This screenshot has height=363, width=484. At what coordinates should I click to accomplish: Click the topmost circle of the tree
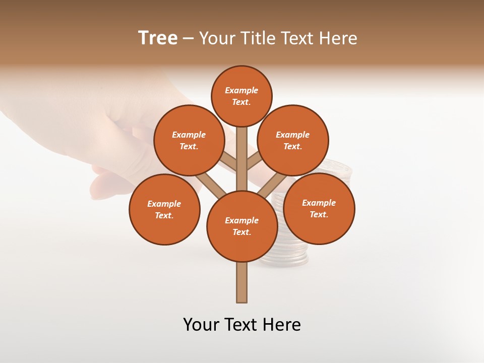pyautogui.click(x=241, y=96)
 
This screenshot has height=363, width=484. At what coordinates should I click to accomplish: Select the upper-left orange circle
pyautogui.click(x=189, y=140)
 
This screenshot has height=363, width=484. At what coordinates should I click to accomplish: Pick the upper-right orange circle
pyautogui.click(x=293, y=140)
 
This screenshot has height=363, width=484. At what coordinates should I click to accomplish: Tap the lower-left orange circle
pyautogui.click(x=164, y=209)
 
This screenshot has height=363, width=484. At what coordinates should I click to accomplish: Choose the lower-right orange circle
pyautogui.click(x=319, y=208)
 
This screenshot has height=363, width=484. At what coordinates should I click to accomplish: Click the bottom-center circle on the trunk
pyautogui.click(x=242, y=226)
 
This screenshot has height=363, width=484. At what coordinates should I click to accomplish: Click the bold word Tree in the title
pyautogui.click(x=158, y=38)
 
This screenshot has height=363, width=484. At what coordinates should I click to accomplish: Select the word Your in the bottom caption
pyautogui.click(x=201, y=325)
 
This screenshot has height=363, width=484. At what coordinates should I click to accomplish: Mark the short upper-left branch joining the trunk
pyautogui.click(x=228, y=161)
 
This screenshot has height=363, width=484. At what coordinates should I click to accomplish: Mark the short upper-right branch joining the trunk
pyautogui.click(x=254, y=161)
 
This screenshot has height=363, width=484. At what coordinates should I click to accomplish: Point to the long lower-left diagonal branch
pyautogui.click(x=211, y=186)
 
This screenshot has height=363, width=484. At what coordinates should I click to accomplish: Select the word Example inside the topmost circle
pyautogui.click(x=241, y=90)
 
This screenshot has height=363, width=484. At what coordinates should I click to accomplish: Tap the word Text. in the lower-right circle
pyautogui.click(x=319, y=214)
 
